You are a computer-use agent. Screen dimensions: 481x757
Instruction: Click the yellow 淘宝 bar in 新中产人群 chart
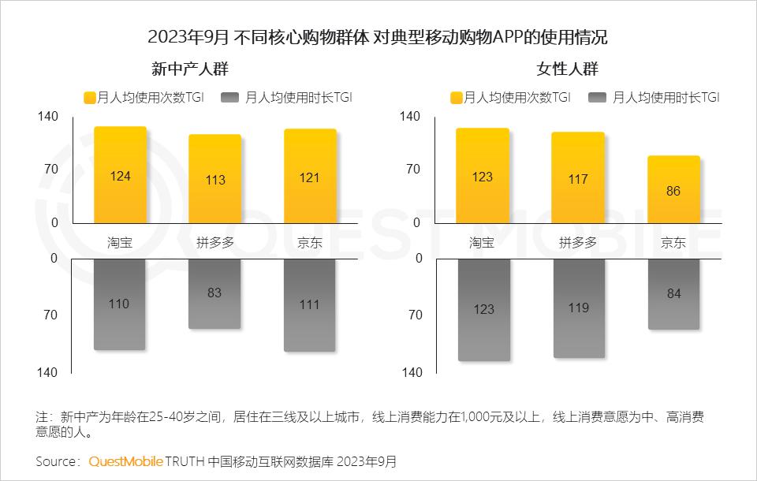click(x=120, y=175)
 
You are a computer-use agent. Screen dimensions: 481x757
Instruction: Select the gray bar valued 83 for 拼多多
click(x=214, y=293)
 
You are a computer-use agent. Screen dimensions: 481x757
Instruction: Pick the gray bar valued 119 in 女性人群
click(x=578, y=308)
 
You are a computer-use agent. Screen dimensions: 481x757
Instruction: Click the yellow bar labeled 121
click(x=310, y=176)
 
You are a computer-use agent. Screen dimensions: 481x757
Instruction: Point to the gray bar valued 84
click(x=673, y=294)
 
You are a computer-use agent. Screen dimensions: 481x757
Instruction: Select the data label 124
click(x=120, y=177)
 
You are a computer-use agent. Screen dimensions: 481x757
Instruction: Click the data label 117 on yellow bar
click(x=578, y=180)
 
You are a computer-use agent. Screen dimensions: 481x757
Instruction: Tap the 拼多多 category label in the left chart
click(x=214, y=243)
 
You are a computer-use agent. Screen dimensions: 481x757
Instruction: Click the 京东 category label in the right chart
click(x=673, y=243)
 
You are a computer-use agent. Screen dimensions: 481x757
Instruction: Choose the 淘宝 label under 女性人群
click(x=482, y=243)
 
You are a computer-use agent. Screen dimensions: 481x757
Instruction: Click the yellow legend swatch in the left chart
click(x=89, y=98)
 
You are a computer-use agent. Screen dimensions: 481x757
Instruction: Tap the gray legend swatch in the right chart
click(x=596, y=98)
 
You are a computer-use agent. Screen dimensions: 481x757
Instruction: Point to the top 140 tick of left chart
click(x=48, y=117)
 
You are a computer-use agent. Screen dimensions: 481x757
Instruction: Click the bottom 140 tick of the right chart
click(x=412, y=372)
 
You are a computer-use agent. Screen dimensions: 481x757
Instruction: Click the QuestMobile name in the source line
click(x=126, y=460)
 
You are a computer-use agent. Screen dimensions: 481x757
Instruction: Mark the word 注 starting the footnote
click(x=42, y=416)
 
